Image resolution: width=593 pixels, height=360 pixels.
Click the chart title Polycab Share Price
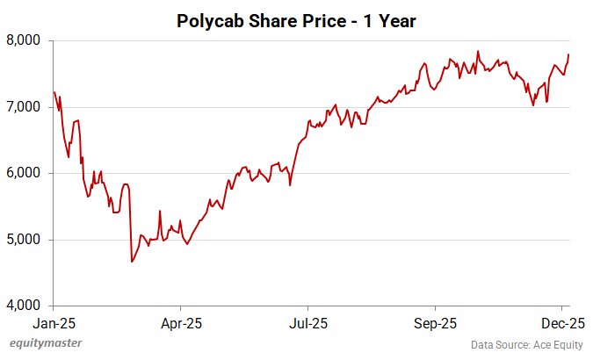[296, 19]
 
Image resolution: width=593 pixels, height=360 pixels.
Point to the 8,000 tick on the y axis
[30, 40]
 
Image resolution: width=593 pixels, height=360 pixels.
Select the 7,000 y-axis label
[30, 107]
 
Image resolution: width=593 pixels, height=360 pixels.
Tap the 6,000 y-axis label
[30, 173]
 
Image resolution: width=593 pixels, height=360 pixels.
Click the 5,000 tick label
[30, 240]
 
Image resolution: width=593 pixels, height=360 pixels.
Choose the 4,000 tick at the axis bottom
[30, 306]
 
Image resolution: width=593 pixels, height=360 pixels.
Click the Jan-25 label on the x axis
[54, 322]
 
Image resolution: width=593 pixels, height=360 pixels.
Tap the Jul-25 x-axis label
[309, 322]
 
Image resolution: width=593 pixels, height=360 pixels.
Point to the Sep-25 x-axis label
[436, 322]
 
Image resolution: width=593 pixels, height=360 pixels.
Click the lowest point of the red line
[132, 262]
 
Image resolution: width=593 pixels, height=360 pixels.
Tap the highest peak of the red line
[477, 51]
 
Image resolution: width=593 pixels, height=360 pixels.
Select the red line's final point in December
[568, 54]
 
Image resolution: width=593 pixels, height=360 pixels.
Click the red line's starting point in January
[54, 91]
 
